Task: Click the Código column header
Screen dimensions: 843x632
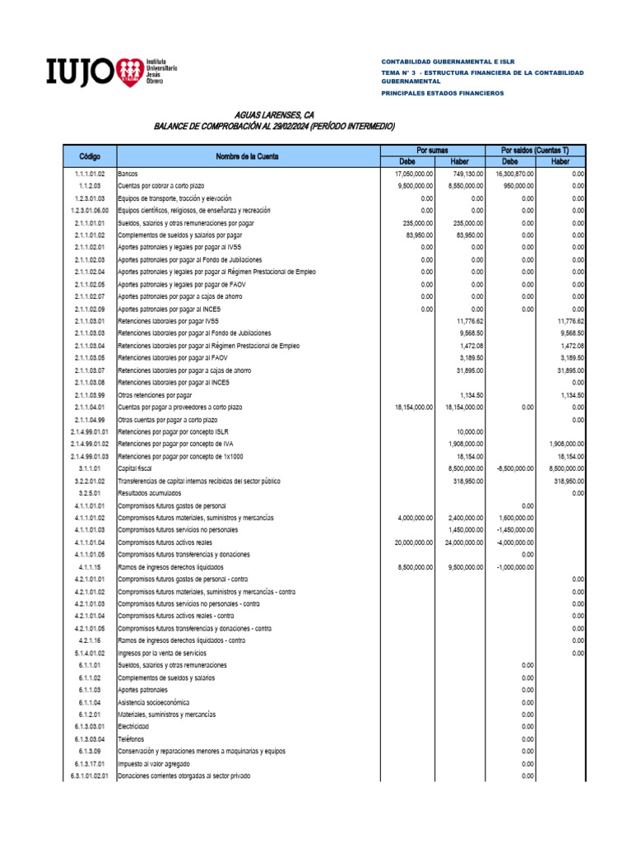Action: (90, 156)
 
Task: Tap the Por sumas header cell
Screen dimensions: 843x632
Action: (432, 151)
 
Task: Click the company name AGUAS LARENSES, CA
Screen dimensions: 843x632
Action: (275, 115)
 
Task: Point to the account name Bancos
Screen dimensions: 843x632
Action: (128, 175)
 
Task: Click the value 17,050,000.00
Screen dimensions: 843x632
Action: (415, 175)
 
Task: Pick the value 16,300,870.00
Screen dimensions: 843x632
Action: (514, 175)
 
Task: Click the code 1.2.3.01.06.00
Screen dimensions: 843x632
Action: (90, 211)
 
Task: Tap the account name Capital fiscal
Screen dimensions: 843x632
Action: (137, 468)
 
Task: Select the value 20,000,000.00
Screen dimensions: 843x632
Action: (414, 542)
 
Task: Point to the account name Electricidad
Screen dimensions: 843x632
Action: (134, 727)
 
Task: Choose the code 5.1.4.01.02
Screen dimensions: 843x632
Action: (90, 653)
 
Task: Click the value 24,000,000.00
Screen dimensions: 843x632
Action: (464, 542)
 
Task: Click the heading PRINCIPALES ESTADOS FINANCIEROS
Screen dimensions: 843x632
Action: (442, 94)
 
